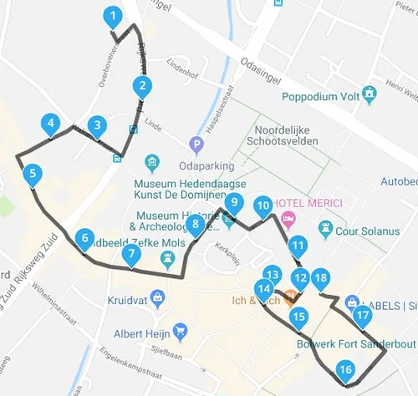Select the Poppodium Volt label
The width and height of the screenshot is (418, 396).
(x=287, y=97)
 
